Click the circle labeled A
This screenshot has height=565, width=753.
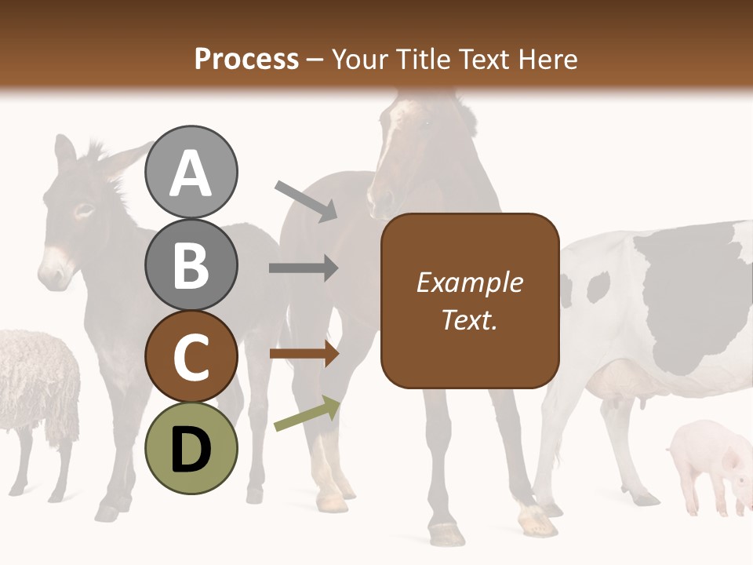coord(191,172)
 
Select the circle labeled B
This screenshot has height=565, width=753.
coord(191,264)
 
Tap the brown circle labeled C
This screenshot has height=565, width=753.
coord(191,356)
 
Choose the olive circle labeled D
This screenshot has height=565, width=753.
coord(191,448)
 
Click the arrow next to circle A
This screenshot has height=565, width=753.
coord(306,200)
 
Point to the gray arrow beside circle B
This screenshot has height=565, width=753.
coord(304,268)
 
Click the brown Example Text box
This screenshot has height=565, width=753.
coord(470,301)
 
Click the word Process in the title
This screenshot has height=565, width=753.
coord(246,60)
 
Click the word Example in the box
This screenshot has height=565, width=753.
coord(469,282)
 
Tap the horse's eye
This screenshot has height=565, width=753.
coord(427,123)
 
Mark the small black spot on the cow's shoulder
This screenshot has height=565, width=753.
coord(597,287)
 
